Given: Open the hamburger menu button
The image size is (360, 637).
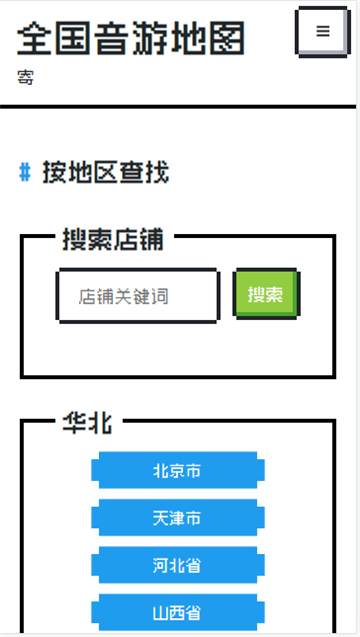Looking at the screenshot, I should click(x=322, y=32).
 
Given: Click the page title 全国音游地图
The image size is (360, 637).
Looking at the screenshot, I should click(x=131, y=38).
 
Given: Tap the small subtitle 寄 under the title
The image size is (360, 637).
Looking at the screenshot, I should click(x=25, y=76).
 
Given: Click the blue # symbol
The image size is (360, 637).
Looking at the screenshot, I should click(x=25, y=173).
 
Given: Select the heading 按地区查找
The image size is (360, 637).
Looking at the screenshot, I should click(x=105, y=173).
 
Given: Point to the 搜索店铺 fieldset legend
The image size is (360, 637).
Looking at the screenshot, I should click(x=113, y=240).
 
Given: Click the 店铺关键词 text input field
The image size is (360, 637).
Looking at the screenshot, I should click(x=137, y=296).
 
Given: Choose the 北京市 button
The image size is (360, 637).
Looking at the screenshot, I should click(x=177, y=471).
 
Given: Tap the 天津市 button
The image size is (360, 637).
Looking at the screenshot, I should click(x=177, y=518).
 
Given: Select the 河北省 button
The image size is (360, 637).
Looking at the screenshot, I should click(x=177, y=565).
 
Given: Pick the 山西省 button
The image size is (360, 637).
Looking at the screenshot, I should click(x=177, y=612).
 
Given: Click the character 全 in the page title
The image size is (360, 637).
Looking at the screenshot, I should click(x=36, y=38).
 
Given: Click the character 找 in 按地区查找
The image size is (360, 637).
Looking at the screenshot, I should click(x=157, y=173).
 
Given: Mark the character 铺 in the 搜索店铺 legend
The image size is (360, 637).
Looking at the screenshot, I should click(x=152, y=240).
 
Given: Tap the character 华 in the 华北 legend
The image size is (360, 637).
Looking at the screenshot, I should click(x=73, y=423).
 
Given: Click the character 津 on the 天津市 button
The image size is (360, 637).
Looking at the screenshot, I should click(x=177, y=518).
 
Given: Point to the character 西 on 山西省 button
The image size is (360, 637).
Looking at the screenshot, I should click(x=177, y=612).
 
